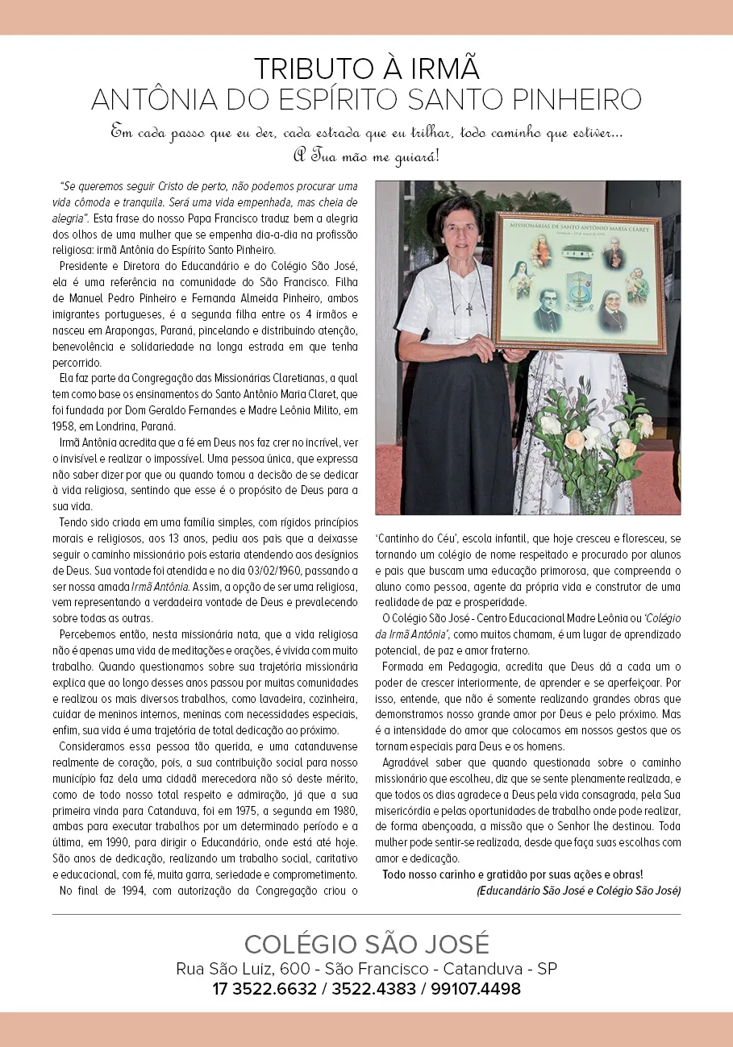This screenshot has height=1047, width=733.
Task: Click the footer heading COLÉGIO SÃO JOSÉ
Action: [366, 944]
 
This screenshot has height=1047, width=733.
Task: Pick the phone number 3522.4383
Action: [372, 989]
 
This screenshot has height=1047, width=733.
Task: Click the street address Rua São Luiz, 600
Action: [238, 969]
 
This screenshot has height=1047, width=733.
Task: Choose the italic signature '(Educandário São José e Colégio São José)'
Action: [578, 891]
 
